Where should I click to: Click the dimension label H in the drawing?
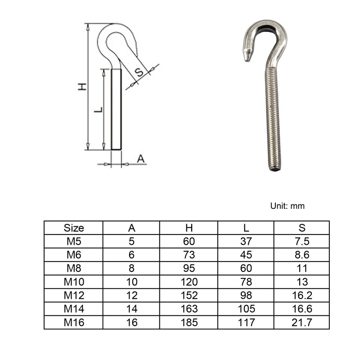[x=82, y=86]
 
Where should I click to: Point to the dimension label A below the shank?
[x=140, y=158]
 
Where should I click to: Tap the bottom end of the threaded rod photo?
[x=275, y=169]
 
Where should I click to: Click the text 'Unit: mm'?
[x=287, y=206]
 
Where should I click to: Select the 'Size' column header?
[x=74, y=228]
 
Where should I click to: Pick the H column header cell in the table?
[x=189, y=228]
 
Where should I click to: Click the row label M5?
[x=74, y=241]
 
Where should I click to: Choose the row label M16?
[x=74, y=322]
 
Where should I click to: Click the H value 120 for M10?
[x=189, y=282]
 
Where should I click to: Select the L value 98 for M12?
[x=246, y=295]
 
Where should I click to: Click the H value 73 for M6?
[x=189, y=255]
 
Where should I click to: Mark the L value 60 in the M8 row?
[x=246, y=268]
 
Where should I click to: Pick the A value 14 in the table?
[x=131, y=309]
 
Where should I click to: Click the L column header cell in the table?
[x=246, y=228]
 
